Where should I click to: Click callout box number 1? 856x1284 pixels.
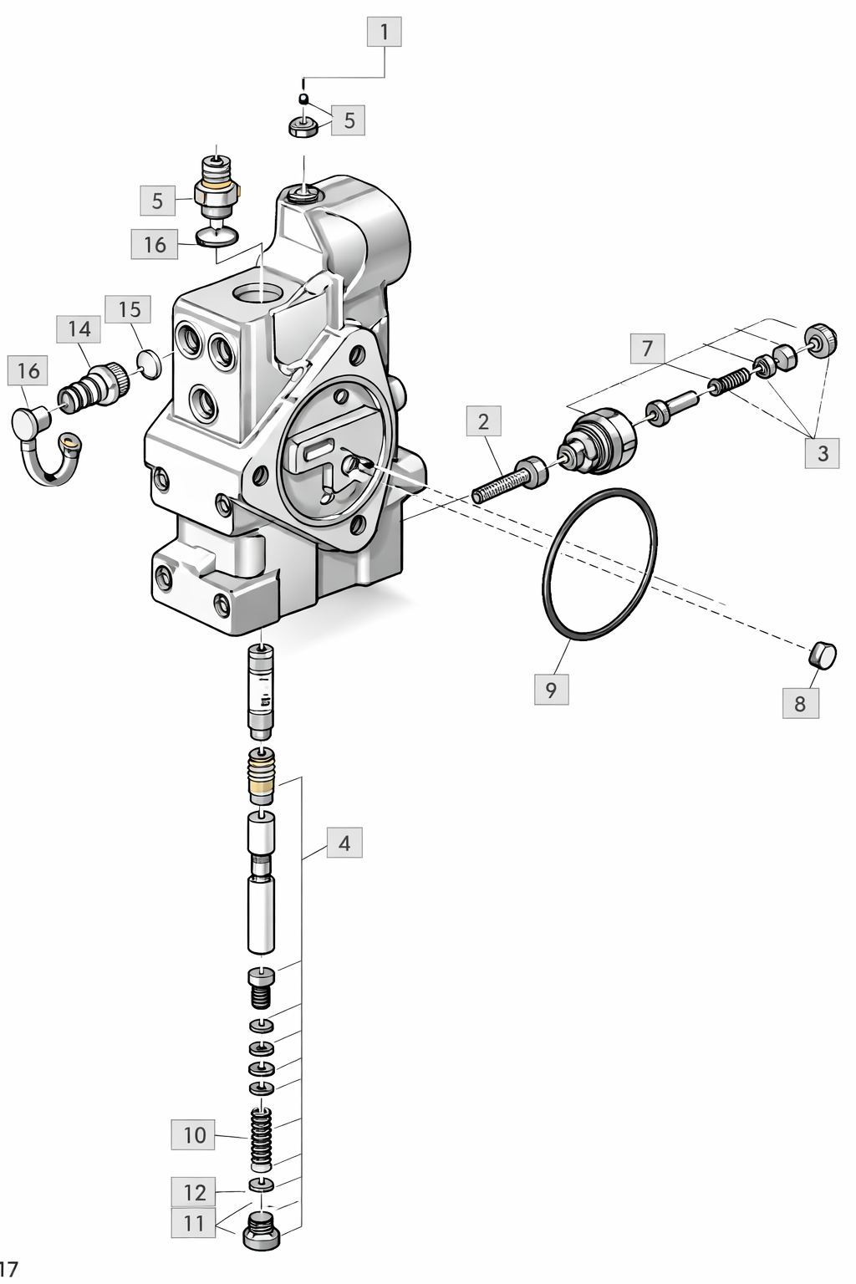click(x=385, y=32)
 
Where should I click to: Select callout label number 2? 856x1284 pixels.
click(x=484, y=421)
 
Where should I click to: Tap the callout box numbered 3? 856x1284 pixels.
click(x=823, y=453)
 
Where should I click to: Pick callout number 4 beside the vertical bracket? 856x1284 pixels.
click(x=344, y=843)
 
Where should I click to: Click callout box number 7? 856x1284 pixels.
click(x=648, y=348)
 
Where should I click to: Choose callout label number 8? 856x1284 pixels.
click(x=801, y=703)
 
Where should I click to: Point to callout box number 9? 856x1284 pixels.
click(x=552, y=689)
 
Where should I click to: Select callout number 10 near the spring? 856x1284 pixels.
click(x=193, y=1134)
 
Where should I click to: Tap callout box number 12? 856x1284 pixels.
click(x=193, y=1192)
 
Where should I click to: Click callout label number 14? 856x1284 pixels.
click(x=79, y=329)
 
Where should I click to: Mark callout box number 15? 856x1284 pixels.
click(x=130, y=309)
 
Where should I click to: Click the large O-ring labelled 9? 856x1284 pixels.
click(x=599, y=564)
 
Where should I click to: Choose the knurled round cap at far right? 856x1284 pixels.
click(x=820, y=340)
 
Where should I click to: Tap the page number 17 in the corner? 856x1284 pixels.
click(x=8, y=1268)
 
